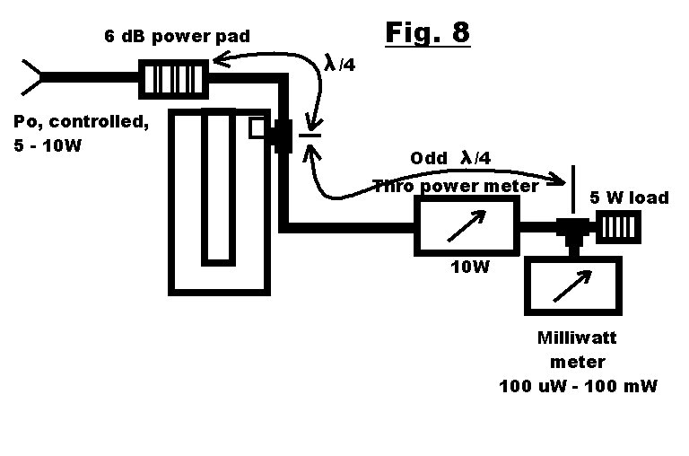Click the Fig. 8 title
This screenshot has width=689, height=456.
pyautogui.click(x=427, y=33)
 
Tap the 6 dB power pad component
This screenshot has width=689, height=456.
pyautogui.click(x=174, y=78)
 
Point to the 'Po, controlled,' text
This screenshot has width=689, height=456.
pyautogui.click(x=81, y=122)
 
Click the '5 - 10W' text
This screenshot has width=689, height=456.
pyautogui.click(x=48, y=145)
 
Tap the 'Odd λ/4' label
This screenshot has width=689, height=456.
pyautogui.click(x=450, y=158)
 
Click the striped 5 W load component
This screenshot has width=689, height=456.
pyautogui.click(x=619, y=228)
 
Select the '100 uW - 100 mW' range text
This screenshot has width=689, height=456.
pyautogui.click(x=579, y=386)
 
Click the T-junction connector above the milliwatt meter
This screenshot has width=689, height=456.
pyautogui.click(x=571, y=231)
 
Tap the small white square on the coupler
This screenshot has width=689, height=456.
pyautogui.click(x=257, y=128)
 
